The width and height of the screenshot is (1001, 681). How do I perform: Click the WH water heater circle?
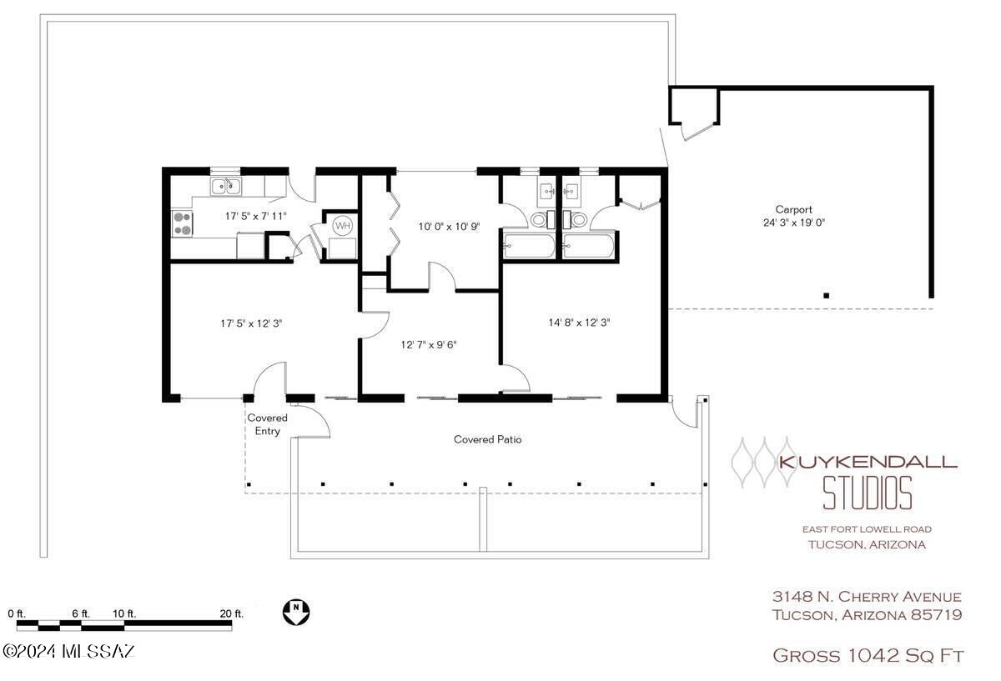[343, 226]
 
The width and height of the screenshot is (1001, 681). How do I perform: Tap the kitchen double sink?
[226, 186]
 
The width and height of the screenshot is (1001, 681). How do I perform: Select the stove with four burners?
[183, 223]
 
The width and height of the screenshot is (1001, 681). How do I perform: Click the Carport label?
[793, 209]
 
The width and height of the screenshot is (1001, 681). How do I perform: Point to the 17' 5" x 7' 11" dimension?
[255, 216]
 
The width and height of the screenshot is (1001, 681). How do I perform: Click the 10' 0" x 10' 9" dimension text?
[449, 227]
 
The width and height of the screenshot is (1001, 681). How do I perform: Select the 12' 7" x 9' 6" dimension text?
[429, 345]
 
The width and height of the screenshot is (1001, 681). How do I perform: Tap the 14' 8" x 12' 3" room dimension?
[579, 323]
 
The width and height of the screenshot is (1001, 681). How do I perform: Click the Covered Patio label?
[487, 439]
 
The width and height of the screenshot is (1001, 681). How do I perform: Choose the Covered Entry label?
[267, 424]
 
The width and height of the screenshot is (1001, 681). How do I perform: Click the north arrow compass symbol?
[296, 612]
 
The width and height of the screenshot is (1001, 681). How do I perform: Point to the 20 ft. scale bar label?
[232, 613]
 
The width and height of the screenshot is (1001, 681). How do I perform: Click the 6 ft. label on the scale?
[81, 613]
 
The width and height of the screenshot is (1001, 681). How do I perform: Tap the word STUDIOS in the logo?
[867, 493]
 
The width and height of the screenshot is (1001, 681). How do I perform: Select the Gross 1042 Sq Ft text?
[868, 655]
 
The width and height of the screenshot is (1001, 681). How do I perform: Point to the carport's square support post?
[827, 295]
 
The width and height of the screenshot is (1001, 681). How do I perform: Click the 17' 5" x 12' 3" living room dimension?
[251, 323]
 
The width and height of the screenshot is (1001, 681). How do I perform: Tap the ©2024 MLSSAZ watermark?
[68, 652]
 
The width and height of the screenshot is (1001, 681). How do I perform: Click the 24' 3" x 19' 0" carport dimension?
[793, 223]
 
